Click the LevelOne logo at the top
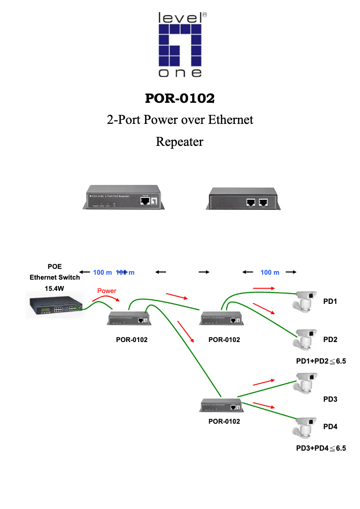tap(180, 45)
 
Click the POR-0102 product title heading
tap(180, 97)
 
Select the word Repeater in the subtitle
tap(180, 142)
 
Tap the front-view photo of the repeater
tap(122, 197)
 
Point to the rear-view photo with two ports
tap(243, 198)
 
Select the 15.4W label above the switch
tap(55, 288)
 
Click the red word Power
tap(107, 291)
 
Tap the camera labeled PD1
tap(303, 301)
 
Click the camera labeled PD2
tap(303, 339)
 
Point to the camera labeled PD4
tap(303, 426)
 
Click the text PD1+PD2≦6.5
tap(321, 361)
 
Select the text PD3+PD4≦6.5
tap(321, 448)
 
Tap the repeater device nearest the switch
tap(128, 319)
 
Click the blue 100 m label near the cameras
tap(270, 272)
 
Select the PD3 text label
tap(330, 399)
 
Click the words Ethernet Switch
tap(55, 277)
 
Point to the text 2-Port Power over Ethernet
tap(180, 120)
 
